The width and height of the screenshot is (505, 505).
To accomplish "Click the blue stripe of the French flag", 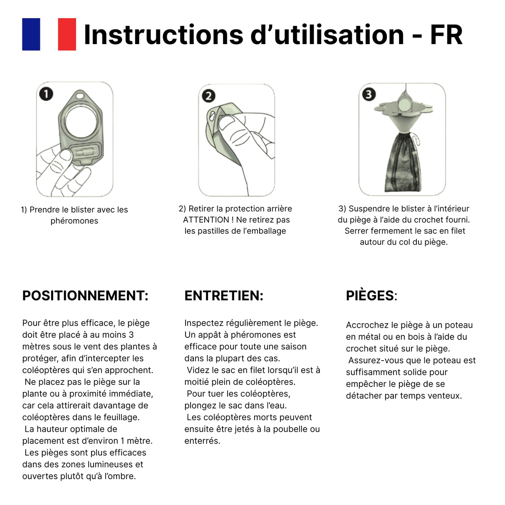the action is click(31, 34).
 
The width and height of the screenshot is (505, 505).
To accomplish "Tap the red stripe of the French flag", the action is click(67, 34).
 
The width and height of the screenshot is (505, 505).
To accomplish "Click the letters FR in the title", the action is click(446, 35).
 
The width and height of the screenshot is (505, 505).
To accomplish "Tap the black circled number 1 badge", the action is click(46, 94).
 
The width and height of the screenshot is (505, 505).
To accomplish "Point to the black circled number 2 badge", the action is click(208, 96).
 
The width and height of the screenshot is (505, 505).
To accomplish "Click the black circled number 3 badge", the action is click(369, 94).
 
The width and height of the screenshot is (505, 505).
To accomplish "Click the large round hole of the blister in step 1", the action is click(81, 122).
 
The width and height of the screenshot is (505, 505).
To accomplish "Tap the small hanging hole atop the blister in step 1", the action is click(80, 96).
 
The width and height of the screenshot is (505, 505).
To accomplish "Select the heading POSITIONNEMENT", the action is click(85, 296).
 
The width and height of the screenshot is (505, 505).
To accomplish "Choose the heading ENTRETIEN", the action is click(224, 296).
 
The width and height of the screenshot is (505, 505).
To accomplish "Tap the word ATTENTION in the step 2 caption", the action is click(206, 220).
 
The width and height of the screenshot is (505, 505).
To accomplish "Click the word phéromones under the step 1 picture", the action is click(74, 221).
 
